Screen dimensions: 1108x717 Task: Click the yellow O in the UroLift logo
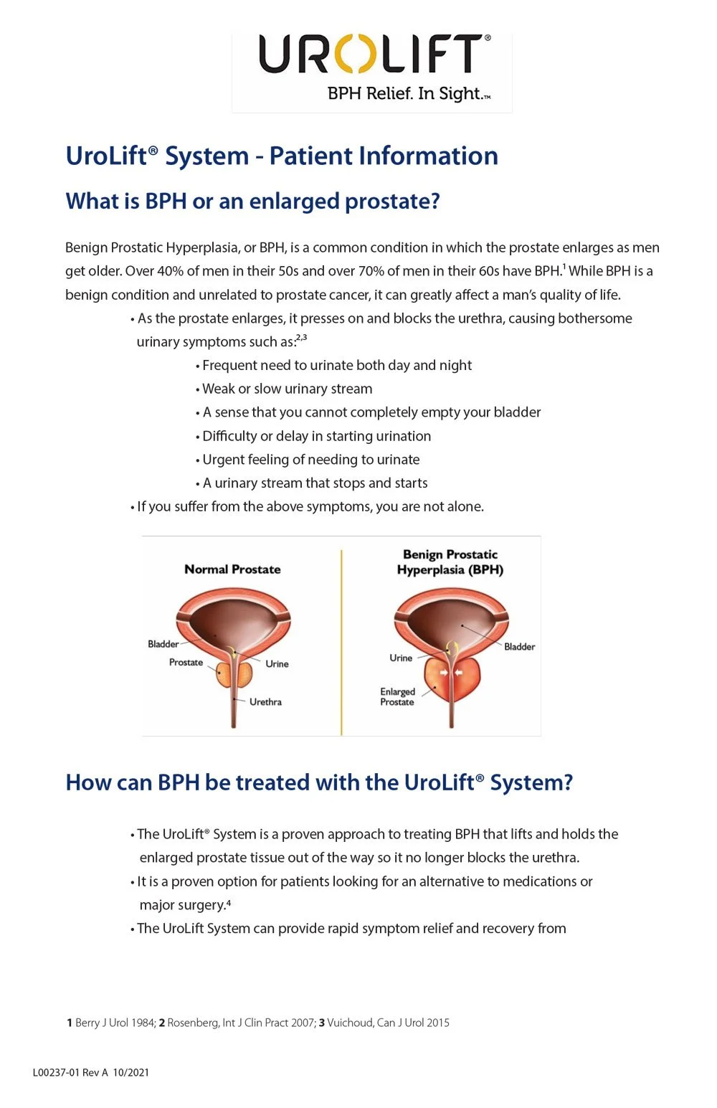click(x=354, y=54)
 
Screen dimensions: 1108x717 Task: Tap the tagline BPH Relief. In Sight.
click(x=409, y=94)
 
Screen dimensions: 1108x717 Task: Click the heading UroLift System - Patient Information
click(x=281, y=156)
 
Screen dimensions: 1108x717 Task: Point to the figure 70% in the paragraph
click(x=371, y=271)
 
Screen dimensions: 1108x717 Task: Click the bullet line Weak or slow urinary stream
click(x=287, y=389)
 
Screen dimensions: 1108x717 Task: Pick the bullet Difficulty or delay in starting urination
click(x=316, y=436)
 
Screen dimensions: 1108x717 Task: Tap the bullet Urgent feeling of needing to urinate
click(x=310, y=460)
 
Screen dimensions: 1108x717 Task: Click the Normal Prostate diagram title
click(x=232, y=569)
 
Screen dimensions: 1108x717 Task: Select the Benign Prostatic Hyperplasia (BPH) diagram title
click(x=450, y=562)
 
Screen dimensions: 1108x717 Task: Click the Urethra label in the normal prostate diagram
click(x=265, y=702)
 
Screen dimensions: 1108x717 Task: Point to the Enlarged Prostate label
click(x=397, y=696)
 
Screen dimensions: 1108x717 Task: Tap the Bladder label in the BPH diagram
click(x=519, y=647)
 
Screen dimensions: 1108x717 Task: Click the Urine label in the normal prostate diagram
click(x=277, y=664)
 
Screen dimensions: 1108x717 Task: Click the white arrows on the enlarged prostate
click(x=451, y=673)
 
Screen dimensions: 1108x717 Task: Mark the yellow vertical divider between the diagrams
click(x=341, y=642)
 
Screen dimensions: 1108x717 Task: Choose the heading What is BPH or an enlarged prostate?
click(x=252, y=202)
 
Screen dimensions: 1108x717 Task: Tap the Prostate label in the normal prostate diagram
click(x=186, y=663)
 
